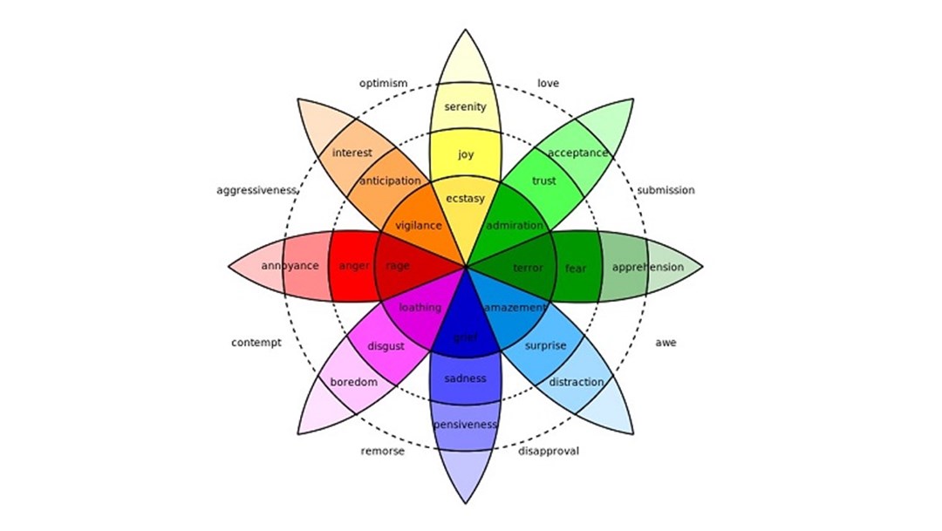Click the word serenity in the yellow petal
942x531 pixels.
point(465,107)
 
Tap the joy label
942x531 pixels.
point(466,155)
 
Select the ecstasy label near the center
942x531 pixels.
point(465,199)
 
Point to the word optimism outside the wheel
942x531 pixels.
point(383,84)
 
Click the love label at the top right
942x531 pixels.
point(548,84)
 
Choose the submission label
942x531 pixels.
point(666,190)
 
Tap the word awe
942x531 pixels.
point(666,343)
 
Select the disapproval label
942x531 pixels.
point(549,451)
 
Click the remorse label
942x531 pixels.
point(383,451)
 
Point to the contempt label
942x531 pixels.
point(256,343)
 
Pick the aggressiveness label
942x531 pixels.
point(256,190)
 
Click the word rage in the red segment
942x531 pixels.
point(398,266)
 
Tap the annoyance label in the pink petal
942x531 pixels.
point(290,266)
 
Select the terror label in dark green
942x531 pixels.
point(528,268)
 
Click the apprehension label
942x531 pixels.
point(648,267)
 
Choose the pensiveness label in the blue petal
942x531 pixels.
point(465,425)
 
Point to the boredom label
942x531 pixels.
point(353,382)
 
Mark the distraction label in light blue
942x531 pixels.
point(577,382)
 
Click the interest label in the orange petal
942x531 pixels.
point(352,153)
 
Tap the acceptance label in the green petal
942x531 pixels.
point(577,153)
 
